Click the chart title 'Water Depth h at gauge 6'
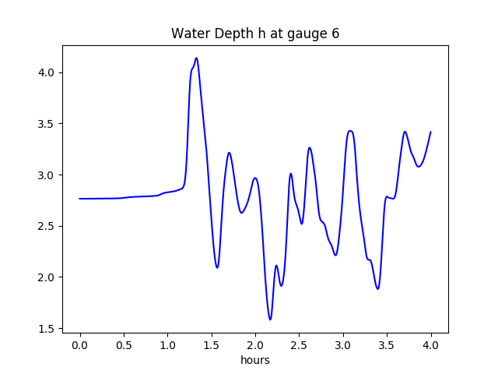pyautogui.click(x=255, y=34)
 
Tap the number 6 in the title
pyautogui.click(x=335, y=34)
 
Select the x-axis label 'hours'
pyautogui.click(x=255, y=361)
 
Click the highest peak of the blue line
pyautogui.click(x=196, y=58)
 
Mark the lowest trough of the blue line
pyautogui.click(x=270, y=319)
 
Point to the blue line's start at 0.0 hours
pyautogui.click(x=80, y=199)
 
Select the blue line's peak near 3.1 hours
pyautogui.click(x=350, y=131)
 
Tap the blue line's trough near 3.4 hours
pyautogui.click(x=377, y=289)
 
